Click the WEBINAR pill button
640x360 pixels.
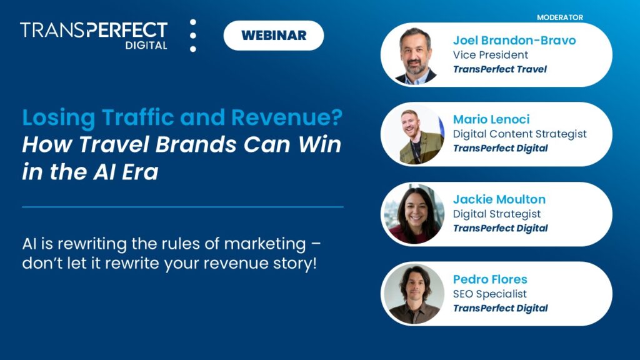[x=274, y=36]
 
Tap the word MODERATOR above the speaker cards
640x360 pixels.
[x=560, y=17]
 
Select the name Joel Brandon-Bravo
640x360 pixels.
[x=514, y=41]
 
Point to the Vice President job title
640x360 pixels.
[x=491, y=55]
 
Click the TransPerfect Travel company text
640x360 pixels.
[x=499, y=69]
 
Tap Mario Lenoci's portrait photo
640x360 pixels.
[x=414, y=134]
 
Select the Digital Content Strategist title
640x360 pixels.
[x=519, y=134]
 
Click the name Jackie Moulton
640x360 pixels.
[x=499, y=199]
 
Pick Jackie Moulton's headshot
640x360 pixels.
[x=414, y=214]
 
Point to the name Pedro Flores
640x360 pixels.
[x=490, y=279]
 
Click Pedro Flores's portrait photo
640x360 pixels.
[x=414, y=294]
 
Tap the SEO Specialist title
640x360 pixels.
[x=489, y=294]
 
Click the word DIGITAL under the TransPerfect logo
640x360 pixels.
[x=144, y=46]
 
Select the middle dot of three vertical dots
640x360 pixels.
[x=193, y=36]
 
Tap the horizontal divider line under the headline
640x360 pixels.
[x=182, y=207]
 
